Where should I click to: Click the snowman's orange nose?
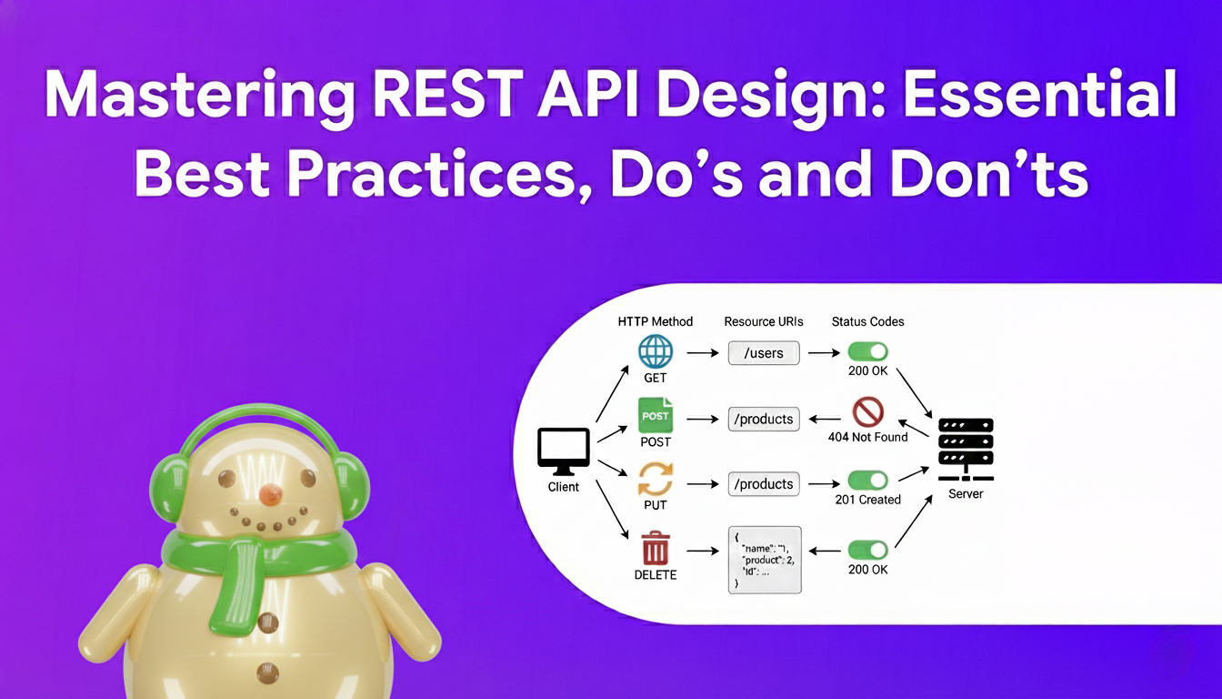[x=270, y=494]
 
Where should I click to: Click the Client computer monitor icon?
[x=564, y=451]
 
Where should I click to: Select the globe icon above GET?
[x=655, y=351]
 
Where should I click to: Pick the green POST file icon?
[x=655, y=416]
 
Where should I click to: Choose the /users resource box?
[x=764, y=353]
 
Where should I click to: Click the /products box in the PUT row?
[x=764, y=484]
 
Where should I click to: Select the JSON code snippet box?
[x=765, y=560]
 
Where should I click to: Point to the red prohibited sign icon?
[x=867, y=412]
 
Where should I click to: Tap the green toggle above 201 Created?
[x=867, y=480]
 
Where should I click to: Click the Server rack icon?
[x=965, y=448]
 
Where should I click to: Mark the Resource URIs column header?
[x=763, y=321]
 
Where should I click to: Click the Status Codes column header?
[x=867, y=321]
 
